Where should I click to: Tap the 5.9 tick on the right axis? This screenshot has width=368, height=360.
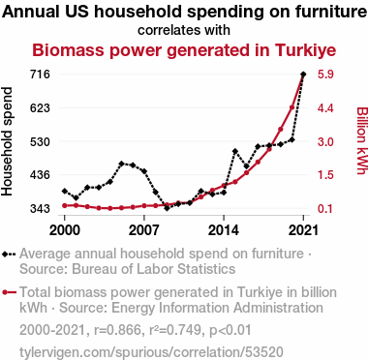(325, 75)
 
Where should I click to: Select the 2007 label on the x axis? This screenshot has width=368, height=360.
(144, 230)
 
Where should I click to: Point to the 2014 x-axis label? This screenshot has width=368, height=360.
(224, 230)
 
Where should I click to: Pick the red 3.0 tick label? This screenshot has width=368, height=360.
(325, 141)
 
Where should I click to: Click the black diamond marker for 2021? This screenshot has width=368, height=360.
(303, 75)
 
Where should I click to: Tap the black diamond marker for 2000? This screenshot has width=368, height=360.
(65, 191)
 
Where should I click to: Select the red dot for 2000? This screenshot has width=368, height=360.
(65, 205)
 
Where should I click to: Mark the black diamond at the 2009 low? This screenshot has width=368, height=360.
(167, 208)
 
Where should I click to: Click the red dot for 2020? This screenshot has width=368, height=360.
(291, 107)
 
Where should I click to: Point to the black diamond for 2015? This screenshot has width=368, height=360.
(235, 151)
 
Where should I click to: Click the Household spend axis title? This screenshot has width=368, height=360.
(7, 141)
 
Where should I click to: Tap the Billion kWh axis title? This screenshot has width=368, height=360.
(362, 140)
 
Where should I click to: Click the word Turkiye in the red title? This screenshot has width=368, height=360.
(305, 50)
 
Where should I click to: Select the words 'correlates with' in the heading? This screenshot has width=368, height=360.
(184, 30)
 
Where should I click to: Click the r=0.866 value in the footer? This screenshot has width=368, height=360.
(117, 330)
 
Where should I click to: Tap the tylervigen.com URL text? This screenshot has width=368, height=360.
(151, 351)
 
